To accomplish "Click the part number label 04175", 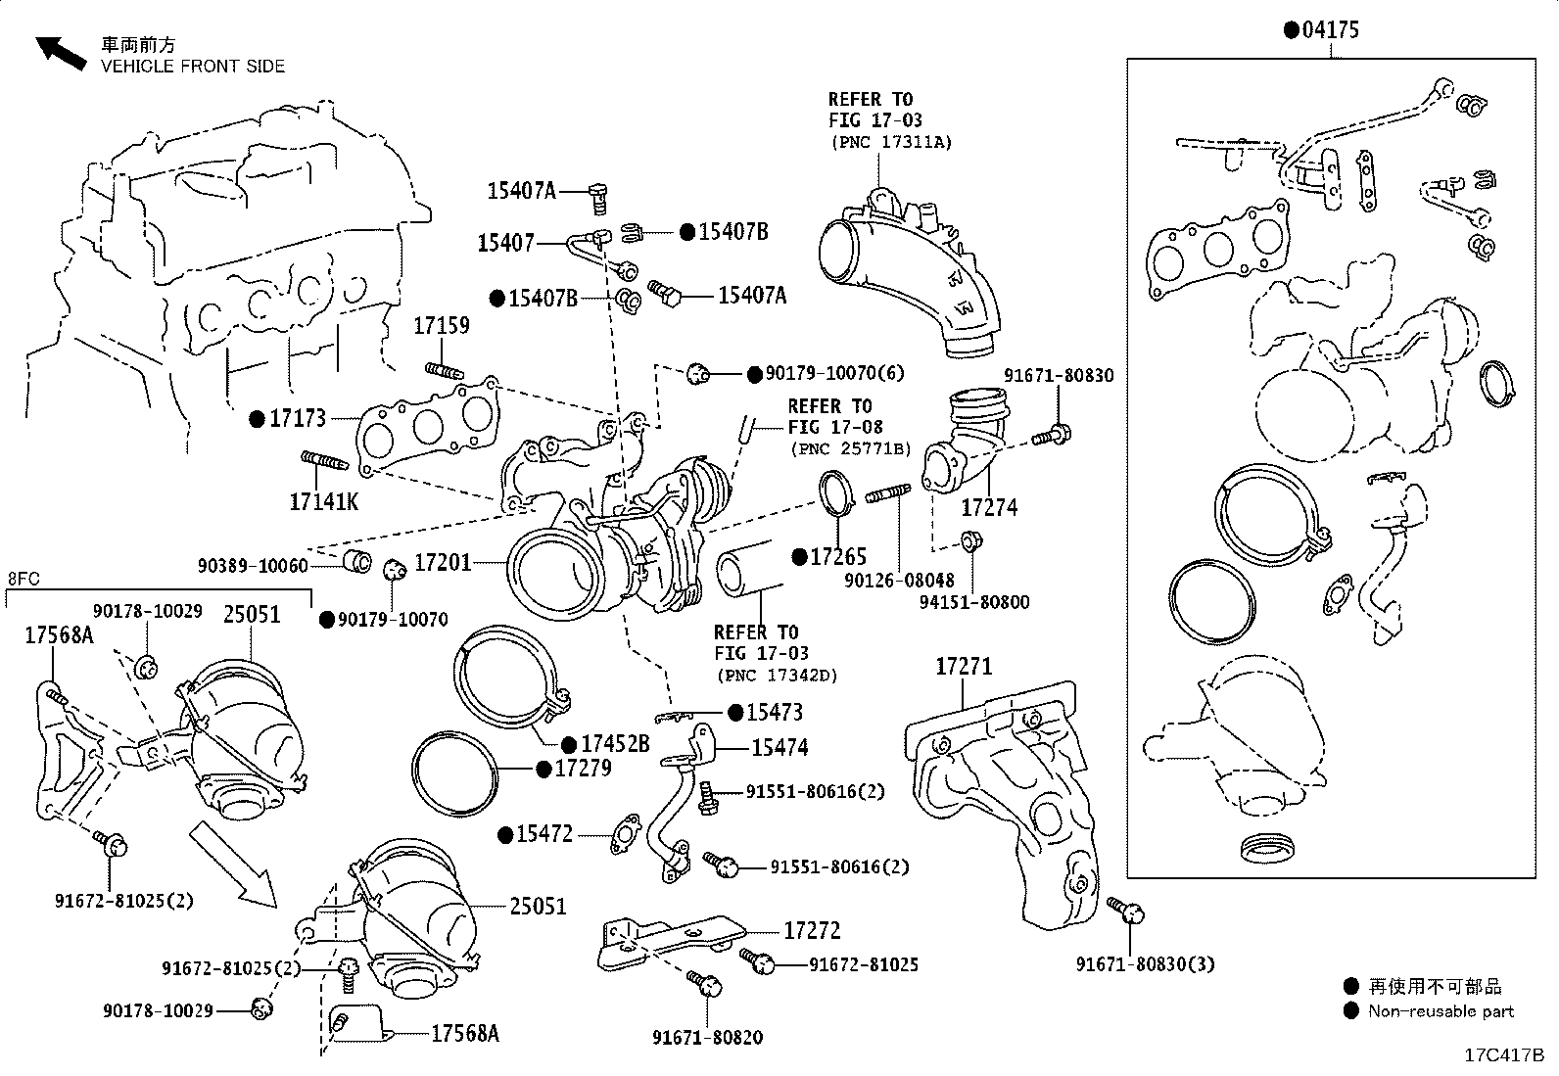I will pyautogui.click(x=1331, y=30).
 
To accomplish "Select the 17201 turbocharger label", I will pyautogui.click(x=443, y=563).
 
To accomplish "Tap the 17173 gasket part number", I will pyautogui.click(x=298, y=419).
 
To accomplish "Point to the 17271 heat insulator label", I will pyautogui.click(x=964, y=667).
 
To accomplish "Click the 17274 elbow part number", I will pyautogui.click(x=989, y=507).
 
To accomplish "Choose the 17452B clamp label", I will pyautogui.click(x=615, y=745).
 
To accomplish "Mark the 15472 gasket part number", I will pyautogui.click(x=544, y=834).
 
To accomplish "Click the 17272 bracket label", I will pyautogui.click(x=812, y=931).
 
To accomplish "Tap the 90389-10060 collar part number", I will pyautogui.click(x=253, y=566).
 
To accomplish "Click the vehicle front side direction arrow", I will pyautogui.click(x=60, y=54).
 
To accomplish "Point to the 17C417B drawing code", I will pyautogui.click(x=1503, y=1055).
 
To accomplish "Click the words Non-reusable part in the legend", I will pyautogui.click(x=1441, y=1011).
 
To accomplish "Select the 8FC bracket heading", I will pyautogui.click(x=24, y=579).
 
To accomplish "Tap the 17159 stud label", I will pyautogui.click(x=441, y=326).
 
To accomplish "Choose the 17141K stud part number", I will pyautogui.click(x=323, y=502).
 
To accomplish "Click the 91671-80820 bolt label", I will pyautogui.click(x=708, y=1037).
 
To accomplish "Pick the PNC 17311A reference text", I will pyautogui.click(x=891, y=142).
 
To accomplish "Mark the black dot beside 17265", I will pyautogui.click(x=798, y=557).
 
